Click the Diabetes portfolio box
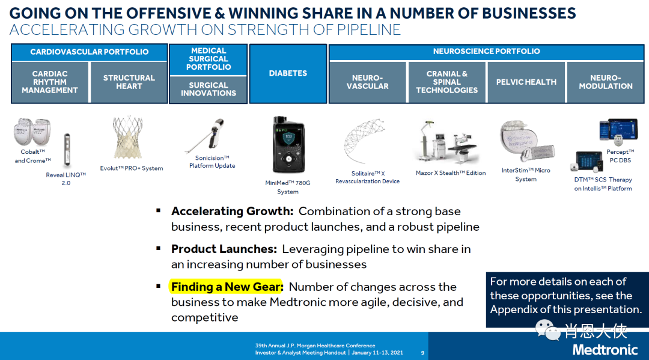coord(288,73)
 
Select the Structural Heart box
coord(129,82)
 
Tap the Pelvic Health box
coord(526,82)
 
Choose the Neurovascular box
coord(368,82)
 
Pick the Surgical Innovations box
coord(208,89)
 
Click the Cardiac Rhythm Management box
coord(50,82)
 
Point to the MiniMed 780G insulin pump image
coord(288,144)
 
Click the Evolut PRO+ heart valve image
coord(128,138)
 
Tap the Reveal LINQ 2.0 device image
coord(67,150)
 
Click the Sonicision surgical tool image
coord(206,135)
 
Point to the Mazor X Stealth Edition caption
coord(451,173)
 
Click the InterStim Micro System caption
coord(526,175)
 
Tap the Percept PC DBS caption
coord(620,156)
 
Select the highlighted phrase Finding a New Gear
coord(227,287)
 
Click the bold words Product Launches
coord(224,249)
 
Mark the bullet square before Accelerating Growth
coord(158,210)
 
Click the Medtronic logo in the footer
coord(605,350)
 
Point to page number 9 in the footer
coord(422,353)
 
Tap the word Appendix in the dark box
coord(514,310)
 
